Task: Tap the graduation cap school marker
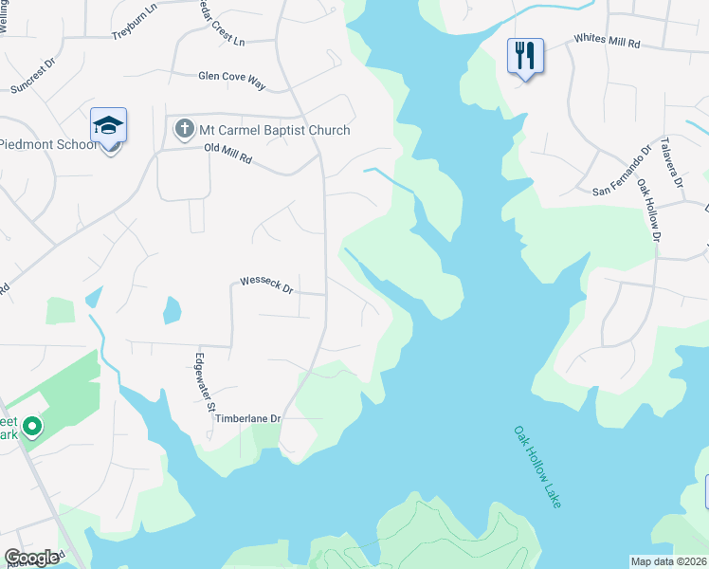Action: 108,125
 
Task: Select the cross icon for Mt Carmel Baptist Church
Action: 184,128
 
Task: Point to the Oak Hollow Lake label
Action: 537,466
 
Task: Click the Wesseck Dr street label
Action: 267,283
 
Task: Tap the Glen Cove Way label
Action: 231,78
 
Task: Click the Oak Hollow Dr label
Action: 648,204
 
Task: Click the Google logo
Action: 31,558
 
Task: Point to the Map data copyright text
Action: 668,561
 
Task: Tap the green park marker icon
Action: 31,428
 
